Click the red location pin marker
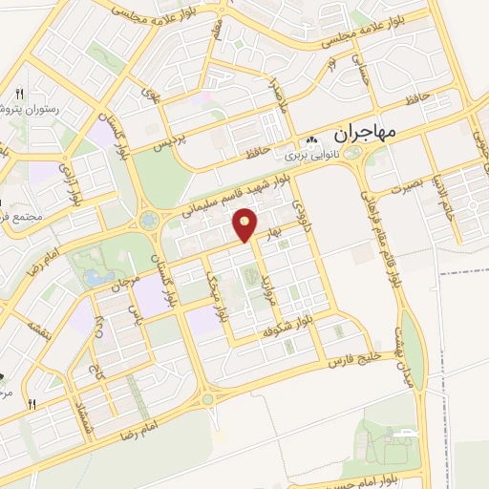(246, 224)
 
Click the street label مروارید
(269, 284)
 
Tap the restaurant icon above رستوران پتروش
(18, 94)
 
